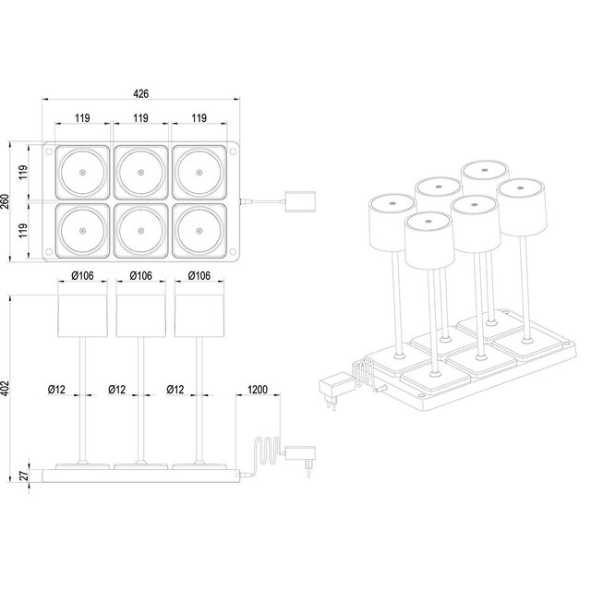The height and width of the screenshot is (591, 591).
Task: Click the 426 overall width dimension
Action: [141, 94]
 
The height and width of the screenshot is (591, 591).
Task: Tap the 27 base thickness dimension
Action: [25, 476]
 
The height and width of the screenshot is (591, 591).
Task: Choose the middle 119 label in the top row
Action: [140, 118]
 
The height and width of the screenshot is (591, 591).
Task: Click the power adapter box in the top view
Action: [301, 199]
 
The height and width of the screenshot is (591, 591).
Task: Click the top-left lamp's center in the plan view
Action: [80, 174]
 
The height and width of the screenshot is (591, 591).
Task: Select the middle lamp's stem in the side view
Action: [140, 397]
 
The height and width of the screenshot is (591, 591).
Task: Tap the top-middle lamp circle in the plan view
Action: [140, 174]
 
